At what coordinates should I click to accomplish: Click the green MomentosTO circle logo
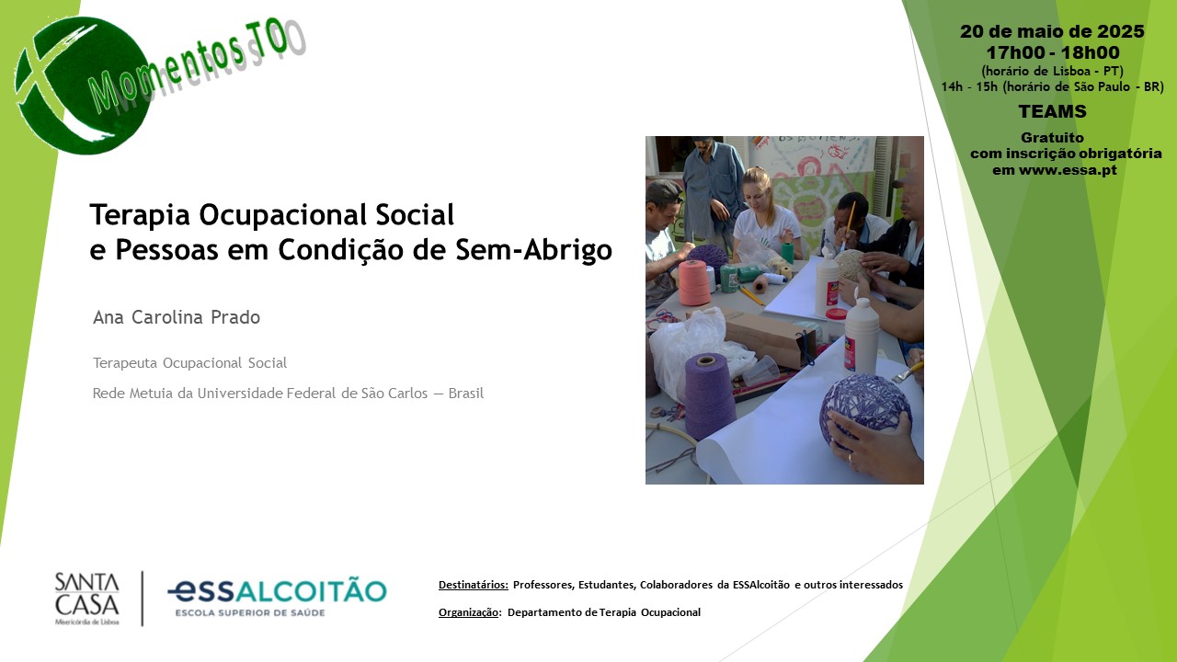(84, 86)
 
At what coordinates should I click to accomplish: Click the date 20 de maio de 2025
(1052, 31)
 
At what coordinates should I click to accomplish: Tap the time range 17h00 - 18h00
(1053, 52)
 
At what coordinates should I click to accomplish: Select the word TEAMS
(1052, 111)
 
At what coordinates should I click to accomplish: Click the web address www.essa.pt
(1068, 170)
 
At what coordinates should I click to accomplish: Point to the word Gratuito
(1052, 138)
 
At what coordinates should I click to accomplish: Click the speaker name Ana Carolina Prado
(177, 317)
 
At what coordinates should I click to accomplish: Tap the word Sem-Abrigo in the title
(534, 249)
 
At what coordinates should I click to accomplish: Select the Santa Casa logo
(87, 599)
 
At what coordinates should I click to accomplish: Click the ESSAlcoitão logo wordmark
(277, 598)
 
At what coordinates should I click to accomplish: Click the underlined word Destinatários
(474, 585)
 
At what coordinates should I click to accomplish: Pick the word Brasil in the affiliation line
(466, 394)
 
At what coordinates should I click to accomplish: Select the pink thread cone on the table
(694, 282)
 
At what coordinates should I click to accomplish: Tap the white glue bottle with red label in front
(862, 336)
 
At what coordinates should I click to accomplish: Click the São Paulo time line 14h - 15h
(1052, 86)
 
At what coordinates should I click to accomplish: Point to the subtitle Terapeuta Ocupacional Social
(189, 363)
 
